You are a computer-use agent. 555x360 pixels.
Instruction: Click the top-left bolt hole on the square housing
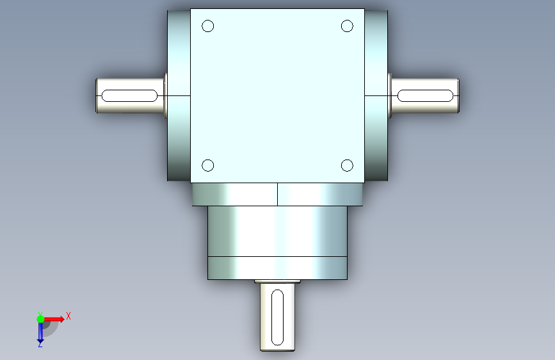(x=208, y=26)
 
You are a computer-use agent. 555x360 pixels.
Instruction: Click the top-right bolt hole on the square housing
(x=347, y=26)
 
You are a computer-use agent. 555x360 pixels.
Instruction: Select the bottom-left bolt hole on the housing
(x=208, y=165)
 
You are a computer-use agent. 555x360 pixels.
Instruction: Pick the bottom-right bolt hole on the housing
(x=347, y=165)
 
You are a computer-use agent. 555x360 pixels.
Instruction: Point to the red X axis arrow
(x=53, y=319)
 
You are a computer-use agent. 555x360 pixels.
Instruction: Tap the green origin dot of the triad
(x=40, y=319)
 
